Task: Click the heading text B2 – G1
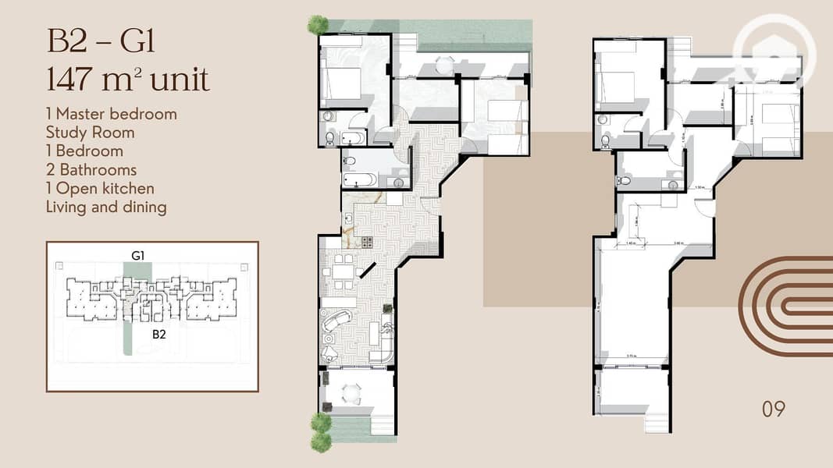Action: pyautogui.click(x=101, y=40)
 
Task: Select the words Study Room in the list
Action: pyautogui.click(x=90, y=133)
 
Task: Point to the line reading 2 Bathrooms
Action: pyautogui.click(x=91, y=170)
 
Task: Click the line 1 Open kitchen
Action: pyautogui.click(x=100, y=189)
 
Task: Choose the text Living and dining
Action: pyautogui.click(x=105, y=207)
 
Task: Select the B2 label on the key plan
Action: pyautogui.click(x=159, y=334)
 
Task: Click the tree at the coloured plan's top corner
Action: pyautogui.click(x=318, y=24)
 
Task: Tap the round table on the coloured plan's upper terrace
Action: pyautogui.click(x=444, y=65)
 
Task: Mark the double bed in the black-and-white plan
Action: pyautogui.click(x=616, y=81)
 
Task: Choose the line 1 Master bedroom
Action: pyautogui.click(x=111, y=114)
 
